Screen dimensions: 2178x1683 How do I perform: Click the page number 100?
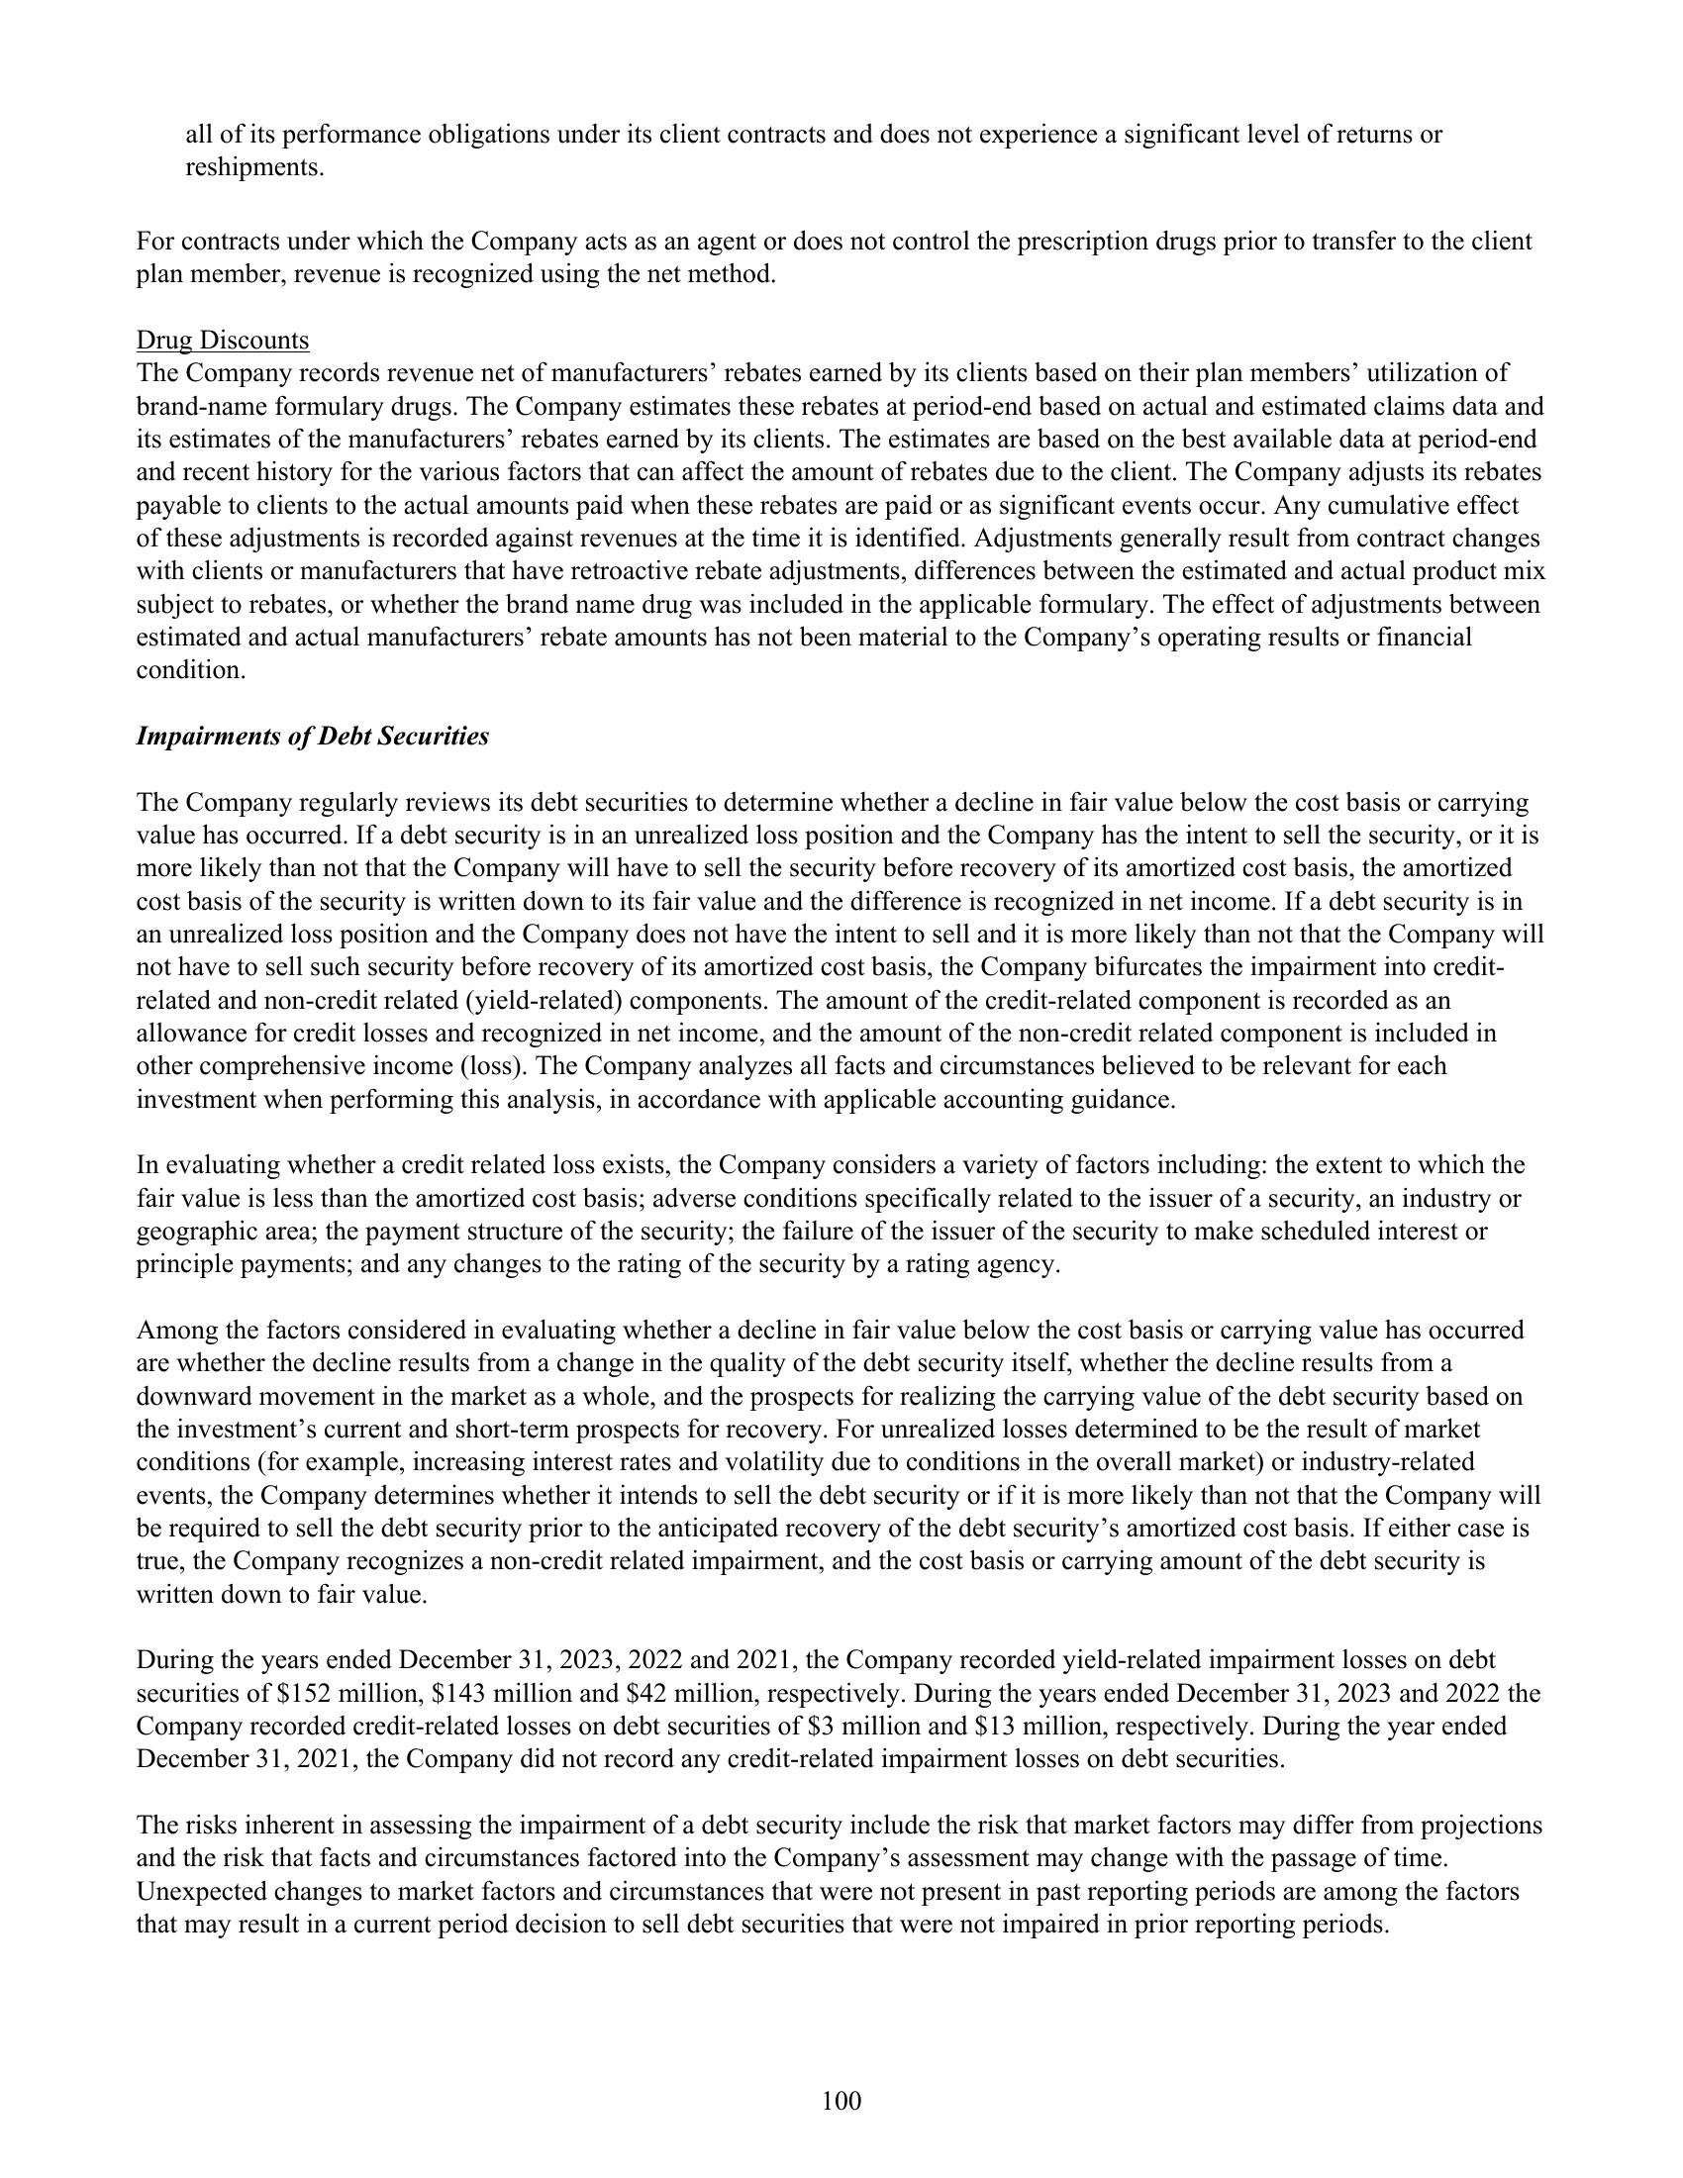point(841,2101)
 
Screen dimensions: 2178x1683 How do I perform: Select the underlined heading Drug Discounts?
point(223,340)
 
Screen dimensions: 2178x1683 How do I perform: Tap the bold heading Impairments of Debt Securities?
point(312,736)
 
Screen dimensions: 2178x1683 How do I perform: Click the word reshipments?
point(254,166)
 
